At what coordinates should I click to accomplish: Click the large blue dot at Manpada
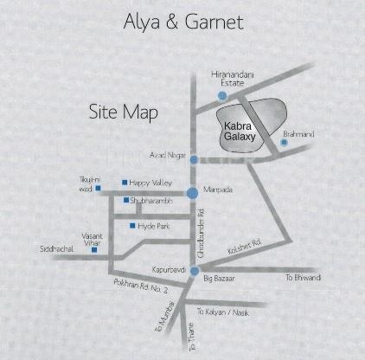[192, 193]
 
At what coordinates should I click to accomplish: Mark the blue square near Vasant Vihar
[107, 250]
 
